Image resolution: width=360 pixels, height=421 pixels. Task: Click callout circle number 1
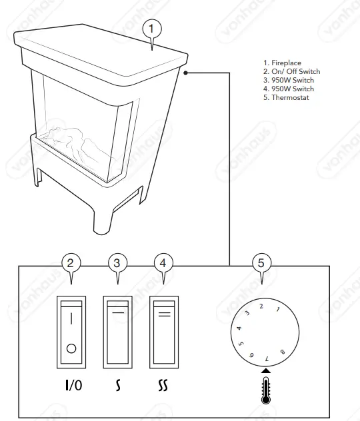click(x=153, y=29)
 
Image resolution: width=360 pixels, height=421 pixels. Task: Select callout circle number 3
click(x=117, y=262)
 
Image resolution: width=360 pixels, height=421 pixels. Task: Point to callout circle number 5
click(x=261, y=262)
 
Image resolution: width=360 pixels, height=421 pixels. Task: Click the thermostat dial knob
click(x=261, y=331)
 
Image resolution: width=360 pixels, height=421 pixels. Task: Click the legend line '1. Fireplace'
click(x=282, y=63)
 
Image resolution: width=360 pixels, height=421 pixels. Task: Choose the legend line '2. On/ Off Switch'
click(x=291, y=72)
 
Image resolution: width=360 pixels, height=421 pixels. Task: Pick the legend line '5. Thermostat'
click(x=286, y=98)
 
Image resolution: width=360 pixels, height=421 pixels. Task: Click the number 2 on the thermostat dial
click(x=261, y=306)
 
